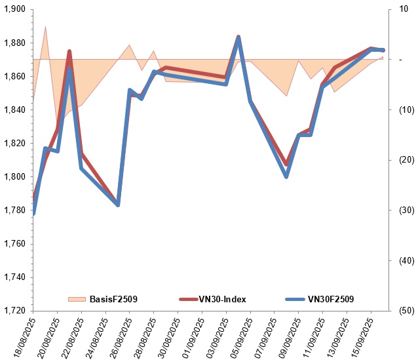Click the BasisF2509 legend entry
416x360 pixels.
[x=103, y=299]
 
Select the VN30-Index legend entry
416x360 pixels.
[x=213, y=299]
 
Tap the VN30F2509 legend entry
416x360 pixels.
[x=320, y=299]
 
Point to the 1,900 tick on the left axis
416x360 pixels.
[x=15, y=9]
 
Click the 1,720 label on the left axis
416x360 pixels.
[x=15, y=310]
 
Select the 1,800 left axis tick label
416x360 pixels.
[x=15, y=176]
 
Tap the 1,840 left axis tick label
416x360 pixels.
[x=15, y=110]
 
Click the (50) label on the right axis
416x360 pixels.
[x=406, y=310]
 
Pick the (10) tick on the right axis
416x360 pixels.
[x=406, y=110]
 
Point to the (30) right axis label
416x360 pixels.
[x=406, y=210]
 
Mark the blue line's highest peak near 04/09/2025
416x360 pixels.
[x=238, y=39]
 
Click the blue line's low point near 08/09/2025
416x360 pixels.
[x=286, y=176]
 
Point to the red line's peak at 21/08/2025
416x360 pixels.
[x=69, y=51]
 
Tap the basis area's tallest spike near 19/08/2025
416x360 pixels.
[x=45, y=26]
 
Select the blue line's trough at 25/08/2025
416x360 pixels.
[x=118, y=205]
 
